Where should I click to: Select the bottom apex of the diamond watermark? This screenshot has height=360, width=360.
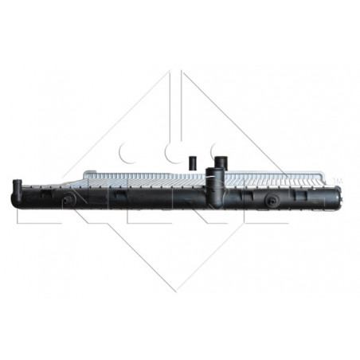[180, 291]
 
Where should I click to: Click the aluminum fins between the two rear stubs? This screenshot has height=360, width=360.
[205, 173]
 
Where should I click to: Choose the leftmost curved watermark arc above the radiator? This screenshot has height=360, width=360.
[126, 150]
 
